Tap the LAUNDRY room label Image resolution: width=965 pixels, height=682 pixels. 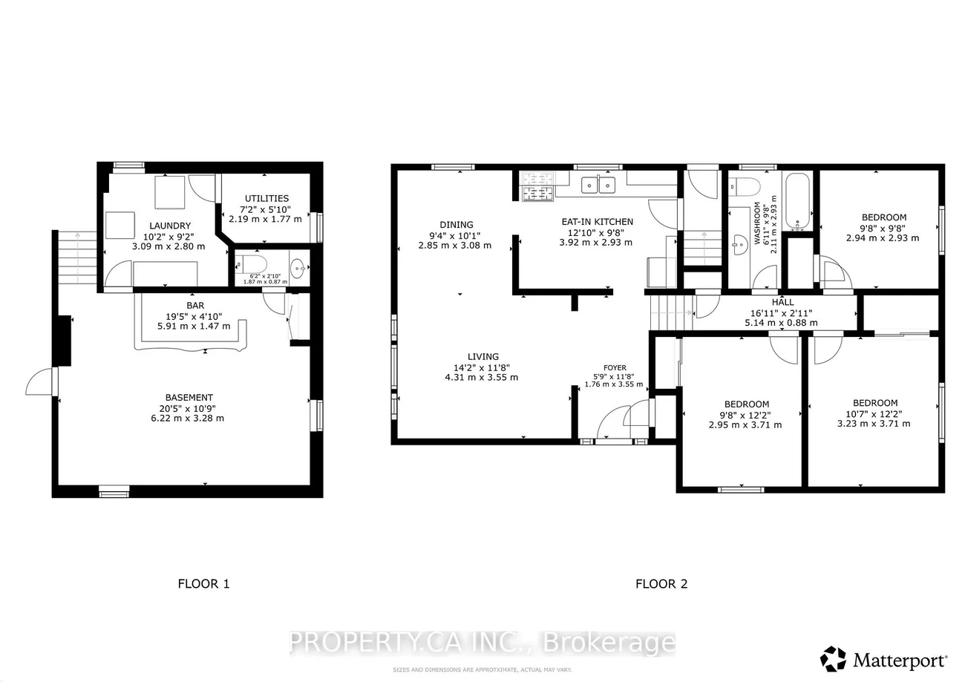[169, 226]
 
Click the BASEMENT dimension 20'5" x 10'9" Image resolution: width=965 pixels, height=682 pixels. [189, 407]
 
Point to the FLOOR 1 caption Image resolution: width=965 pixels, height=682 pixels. [203, 583]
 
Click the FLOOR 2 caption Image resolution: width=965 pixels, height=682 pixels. [661, 583]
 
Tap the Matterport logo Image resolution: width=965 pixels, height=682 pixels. [883, 659]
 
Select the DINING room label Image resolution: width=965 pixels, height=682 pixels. [456, 225]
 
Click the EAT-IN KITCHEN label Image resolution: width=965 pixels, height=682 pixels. [597, 221]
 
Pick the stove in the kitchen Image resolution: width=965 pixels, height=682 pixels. [537, 186]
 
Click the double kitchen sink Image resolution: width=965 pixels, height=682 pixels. [598, 184]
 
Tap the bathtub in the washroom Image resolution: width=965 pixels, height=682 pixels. [798, 202]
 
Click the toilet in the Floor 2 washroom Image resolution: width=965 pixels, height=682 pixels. [744, 185]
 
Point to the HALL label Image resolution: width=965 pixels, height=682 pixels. [782, 302]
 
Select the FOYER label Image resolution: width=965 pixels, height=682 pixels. [615, 367]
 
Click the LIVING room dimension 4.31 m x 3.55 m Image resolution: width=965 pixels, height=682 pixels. [482, 377]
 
